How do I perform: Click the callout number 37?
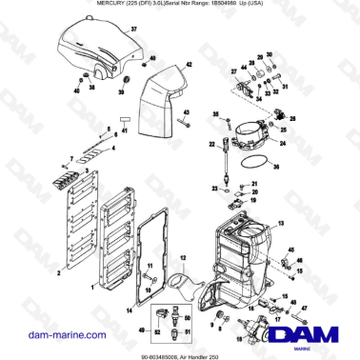(133, 30)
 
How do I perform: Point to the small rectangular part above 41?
(124, 120)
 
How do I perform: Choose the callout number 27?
(235, 70)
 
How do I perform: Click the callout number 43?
(188, 114)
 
